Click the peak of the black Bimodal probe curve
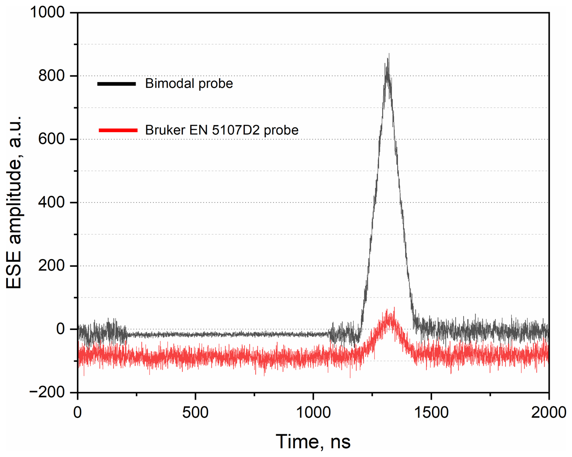389,54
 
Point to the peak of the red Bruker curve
394,308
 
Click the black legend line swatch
116,84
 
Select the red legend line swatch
118,130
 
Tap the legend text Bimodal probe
189,84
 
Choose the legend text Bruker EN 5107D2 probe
222,130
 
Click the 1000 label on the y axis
47,13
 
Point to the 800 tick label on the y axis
52,76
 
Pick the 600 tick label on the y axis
52,139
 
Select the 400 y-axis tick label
52,203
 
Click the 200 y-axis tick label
52,266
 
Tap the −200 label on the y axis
47,393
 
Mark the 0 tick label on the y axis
60,329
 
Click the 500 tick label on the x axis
195,412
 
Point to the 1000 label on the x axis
313,412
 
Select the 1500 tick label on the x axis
431,412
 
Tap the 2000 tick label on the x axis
548,412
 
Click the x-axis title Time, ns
313,442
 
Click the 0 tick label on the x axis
78,412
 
